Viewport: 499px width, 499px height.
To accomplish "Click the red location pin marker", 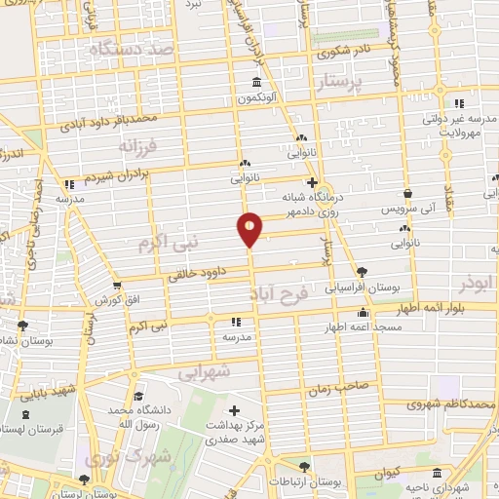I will (x=249, y=228).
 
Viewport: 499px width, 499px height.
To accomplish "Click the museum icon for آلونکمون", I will (x=255, y=82).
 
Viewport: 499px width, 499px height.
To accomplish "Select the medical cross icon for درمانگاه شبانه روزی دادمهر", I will (x=311, y=182).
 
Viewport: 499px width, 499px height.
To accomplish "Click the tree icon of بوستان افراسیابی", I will (x=363, y=272).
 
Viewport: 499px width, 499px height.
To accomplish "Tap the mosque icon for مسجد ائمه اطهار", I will (x=364, y=313).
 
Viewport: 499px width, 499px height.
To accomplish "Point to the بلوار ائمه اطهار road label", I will (x=435, y=308).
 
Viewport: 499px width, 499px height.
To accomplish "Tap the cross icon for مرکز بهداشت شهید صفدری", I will (x=234, y=409).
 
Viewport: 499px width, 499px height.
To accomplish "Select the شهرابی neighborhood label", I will (x=206, y=370).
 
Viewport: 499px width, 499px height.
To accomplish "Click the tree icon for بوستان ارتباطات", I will (x=305, y=467).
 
